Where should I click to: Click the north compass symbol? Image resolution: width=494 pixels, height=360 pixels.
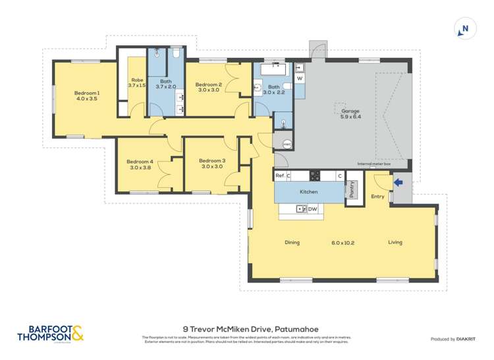tap(465, 28)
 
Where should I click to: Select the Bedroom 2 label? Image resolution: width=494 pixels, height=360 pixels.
tap(208, 84)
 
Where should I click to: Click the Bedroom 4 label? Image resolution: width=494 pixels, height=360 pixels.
tap(140, 162)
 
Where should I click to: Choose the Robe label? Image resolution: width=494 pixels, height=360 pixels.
tap(136, 80)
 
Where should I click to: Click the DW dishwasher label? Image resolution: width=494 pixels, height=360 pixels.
tap(313, 209)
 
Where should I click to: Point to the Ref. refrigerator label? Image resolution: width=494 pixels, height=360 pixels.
tap(280, 176)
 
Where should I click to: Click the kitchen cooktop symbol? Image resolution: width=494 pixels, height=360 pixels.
tap(315, 176)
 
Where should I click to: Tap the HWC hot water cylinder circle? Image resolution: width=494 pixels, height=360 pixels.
tap(287, 145)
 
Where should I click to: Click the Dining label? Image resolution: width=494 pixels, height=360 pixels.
tap(292, 242)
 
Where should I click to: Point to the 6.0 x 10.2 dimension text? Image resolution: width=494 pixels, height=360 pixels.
tap(343, 242)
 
